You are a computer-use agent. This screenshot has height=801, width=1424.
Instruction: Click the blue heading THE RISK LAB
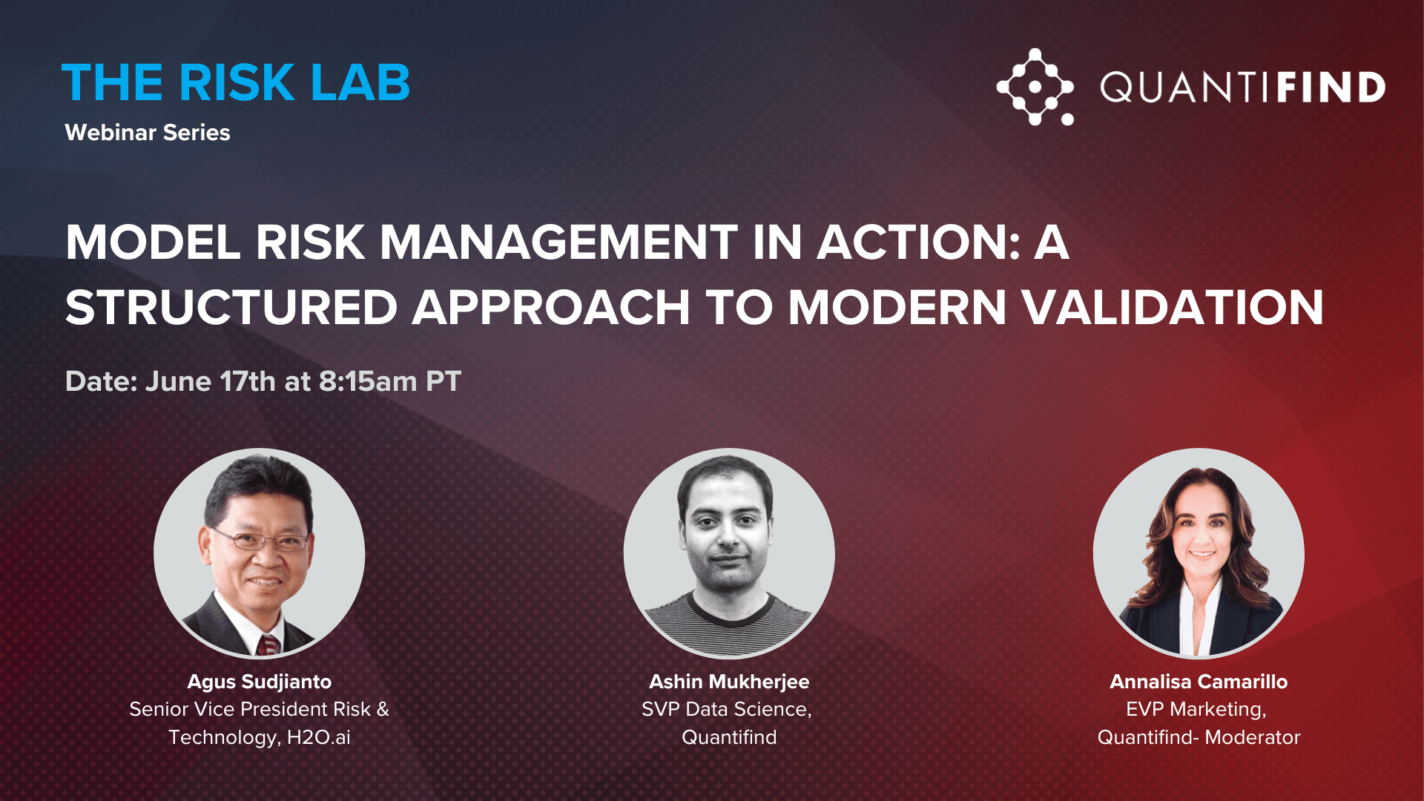(236, 82)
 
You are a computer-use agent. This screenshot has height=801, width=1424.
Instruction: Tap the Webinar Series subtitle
(148, 132)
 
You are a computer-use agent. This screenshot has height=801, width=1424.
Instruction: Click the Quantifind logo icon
(1035, 87)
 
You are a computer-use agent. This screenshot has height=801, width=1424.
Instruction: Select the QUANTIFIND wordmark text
(1243, 88)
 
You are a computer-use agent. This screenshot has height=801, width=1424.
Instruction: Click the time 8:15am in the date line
(368, 381)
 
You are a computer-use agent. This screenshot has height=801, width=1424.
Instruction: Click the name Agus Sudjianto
(260, 682)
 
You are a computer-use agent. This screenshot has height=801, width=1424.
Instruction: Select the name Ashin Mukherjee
(729, 682)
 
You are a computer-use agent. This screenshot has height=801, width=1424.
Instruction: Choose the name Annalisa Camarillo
(1199, 682)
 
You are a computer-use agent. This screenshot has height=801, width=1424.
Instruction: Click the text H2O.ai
(319, 737)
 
